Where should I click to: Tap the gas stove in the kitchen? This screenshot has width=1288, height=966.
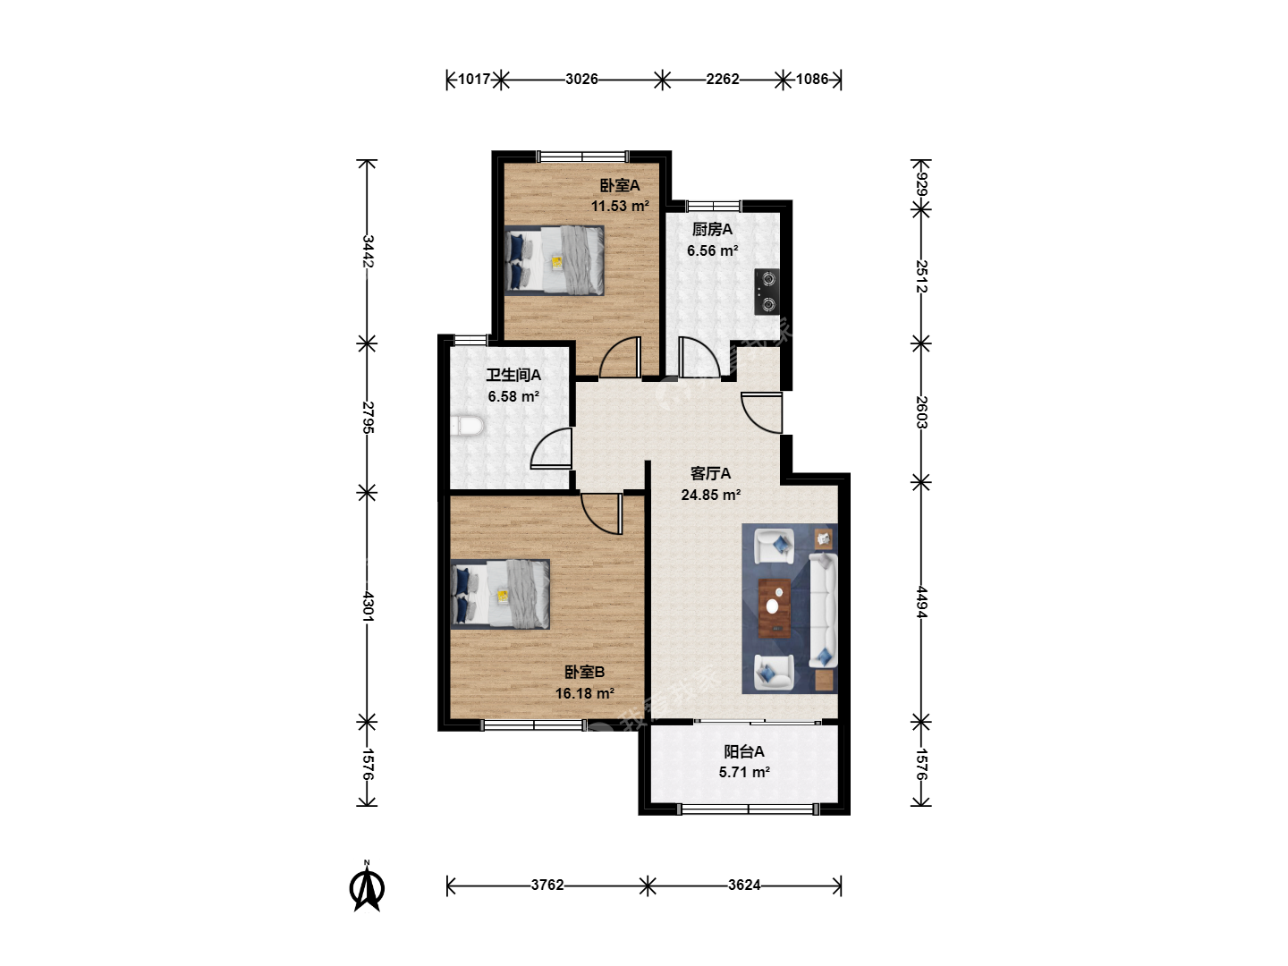click(767, 292)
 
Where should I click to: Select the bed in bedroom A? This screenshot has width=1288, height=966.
click(555, 260)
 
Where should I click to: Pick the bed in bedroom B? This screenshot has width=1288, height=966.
click(500, 594)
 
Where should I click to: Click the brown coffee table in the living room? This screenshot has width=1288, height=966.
click(774, 607)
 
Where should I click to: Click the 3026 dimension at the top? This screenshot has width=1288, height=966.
click(581, 79)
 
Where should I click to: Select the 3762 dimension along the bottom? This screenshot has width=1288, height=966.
click(547, 885)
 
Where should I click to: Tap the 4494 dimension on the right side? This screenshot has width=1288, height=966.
click(922, 602)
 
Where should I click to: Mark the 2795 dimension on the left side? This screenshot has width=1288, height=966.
click(368, 417)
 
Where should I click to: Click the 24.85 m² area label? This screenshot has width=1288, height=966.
click(710, 495)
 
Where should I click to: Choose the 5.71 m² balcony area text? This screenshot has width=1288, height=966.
click(744, 773)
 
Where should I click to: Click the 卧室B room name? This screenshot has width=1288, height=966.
click(584, 672)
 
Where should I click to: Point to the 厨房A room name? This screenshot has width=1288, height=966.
click(712, 229)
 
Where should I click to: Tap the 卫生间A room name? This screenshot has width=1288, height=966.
click(513, 375)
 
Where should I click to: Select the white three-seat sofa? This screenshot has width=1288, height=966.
click(823, 610)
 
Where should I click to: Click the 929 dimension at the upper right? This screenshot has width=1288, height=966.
click(922, 183)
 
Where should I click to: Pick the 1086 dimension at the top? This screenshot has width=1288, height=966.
click(812, 79)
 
